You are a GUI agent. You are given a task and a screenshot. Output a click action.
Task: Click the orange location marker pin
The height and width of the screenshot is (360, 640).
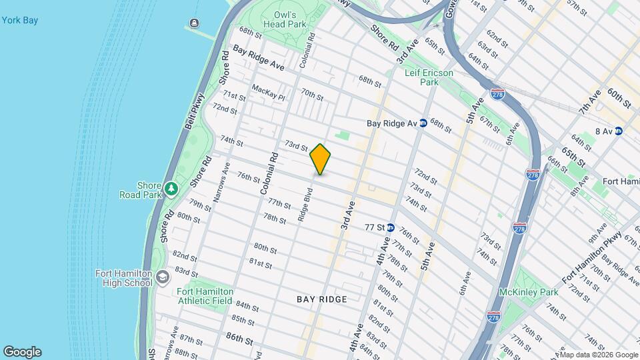tap(321, 159)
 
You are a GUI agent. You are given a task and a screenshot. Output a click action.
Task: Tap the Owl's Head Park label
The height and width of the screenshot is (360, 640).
tap(289, 19)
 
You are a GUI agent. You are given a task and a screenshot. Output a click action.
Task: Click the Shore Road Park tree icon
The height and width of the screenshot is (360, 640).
tap(171, 189)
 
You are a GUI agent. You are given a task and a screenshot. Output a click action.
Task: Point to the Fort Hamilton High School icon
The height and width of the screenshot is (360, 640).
tap(163, 276)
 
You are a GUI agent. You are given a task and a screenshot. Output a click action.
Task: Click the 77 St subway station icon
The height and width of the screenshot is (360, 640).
tap(391, 227)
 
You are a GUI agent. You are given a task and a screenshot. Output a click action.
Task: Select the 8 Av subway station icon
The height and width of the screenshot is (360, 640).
tap(619, 131)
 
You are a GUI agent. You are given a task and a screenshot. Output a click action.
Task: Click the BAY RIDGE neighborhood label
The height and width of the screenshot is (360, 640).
tap(322, 299)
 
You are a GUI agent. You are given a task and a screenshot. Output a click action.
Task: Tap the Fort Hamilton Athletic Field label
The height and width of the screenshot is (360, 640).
tap(205, 296)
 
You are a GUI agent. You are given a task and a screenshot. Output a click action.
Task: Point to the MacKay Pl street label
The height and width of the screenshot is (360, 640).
tap(268, 93)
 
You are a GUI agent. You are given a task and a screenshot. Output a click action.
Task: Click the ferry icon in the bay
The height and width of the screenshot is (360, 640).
tap(194, 24)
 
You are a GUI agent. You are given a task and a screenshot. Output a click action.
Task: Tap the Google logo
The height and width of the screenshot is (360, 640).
tap(22, 352)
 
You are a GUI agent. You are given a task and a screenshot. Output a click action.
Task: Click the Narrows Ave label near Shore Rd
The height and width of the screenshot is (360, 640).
tap(225, 182)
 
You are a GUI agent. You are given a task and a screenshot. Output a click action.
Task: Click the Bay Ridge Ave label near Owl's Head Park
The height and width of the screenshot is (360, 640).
tap(258, 59)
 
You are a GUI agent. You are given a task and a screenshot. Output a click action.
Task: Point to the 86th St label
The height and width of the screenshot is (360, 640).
tap(239, 339)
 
